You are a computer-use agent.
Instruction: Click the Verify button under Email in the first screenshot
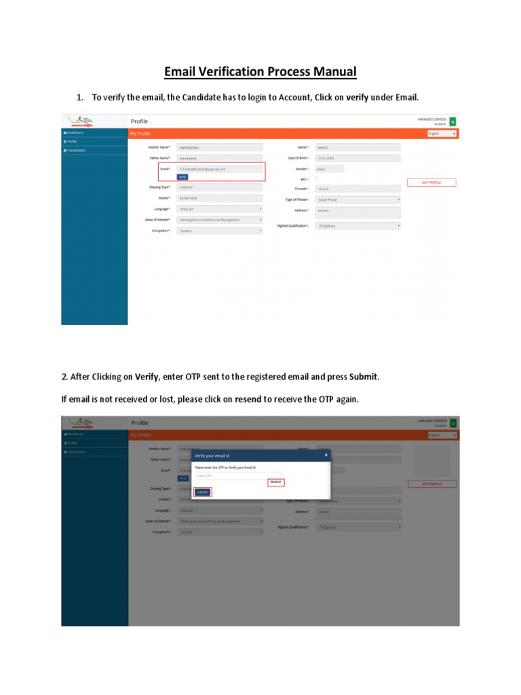click(182, 176)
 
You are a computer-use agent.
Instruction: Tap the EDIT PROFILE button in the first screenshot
click(431, 183)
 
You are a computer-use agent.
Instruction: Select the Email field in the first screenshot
click(218, 168)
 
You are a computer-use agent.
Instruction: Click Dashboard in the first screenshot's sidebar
click(75, 132)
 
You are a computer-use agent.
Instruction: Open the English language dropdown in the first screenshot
click(442, 134)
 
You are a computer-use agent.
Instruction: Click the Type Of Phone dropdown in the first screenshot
click(358, 200)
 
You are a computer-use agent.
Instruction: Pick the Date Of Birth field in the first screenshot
click(358, 158)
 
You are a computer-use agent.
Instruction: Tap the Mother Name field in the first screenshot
click(218, 147)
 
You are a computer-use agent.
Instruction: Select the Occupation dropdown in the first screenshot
click(218, 231)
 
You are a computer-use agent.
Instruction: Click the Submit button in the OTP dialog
click(202, 492)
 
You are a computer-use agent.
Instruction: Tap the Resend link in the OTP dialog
click(275, 482)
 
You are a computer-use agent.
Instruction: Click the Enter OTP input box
click(237, 476)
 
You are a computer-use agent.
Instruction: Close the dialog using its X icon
click(326, 455)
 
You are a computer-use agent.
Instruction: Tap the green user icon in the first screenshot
click(453, 121)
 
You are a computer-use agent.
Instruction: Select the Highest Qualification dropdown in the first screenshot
click(358, 225)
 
